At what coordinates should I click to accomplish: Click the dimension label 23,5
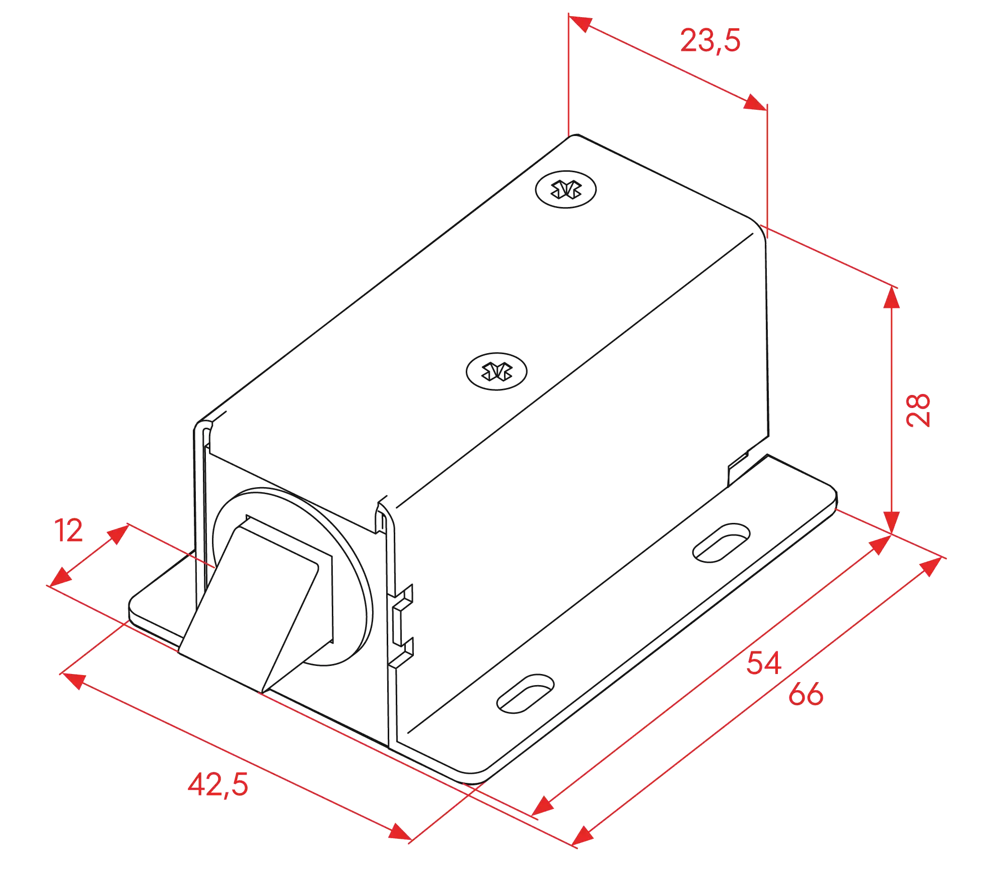[710, 41]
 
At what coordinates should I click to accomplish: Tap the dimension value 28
[918, 411]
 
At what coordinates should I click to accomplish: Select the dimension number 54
[764, 663]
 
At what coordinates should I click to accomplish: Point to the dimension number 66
[806, 694]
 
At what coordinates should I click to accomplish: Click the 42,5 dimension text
[218, 785]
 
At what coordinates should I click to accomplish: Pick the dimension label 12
[68, 530]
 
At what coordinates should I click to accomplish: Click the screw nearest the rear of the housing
[566, 189]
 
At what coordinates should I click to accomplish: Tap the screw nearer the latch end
[497, 372]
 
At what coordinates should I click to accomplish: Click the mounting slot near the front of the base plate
[525, 694]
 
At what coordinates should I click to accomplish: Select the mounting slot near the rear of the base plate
[721, 543]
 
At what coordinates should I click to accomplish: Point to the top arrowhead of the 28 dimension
[892, 297]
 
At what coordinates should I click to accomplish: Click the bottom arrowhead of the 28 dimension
[892, 522]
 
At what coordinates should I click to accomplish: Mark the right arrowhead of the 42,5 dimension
[400, 832]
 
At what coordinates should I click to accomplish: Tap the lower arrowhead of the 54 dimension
[542, 805]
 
